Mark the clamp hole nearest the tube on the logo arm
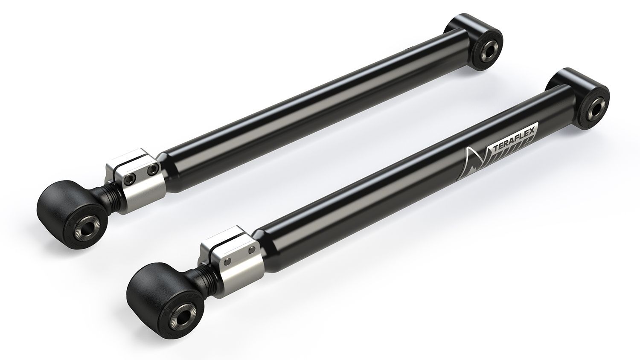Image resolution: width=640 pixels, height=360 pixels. click(x=252, y=248)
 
